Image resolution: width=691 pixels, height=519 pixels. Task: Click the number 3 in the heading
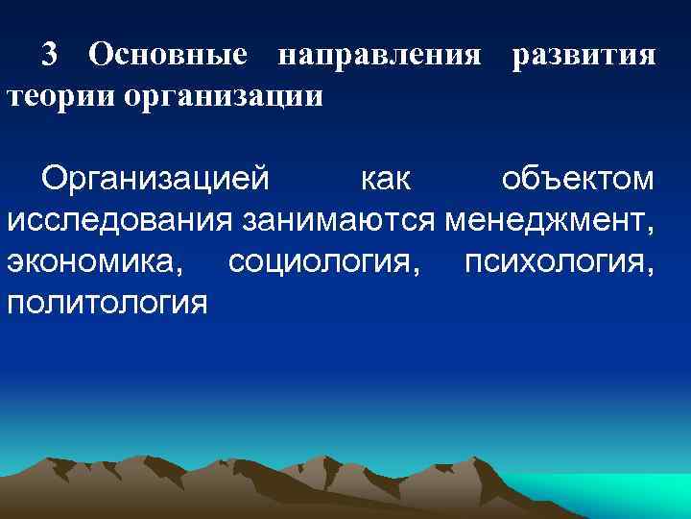point(52,56)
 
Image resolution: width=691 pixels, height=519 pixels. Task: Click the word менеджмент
point(546,221)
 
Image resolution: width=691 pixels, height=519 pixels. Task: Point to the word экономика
point(99,263)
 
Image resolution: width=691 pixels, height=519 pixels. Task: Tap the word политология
point(107,304)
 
